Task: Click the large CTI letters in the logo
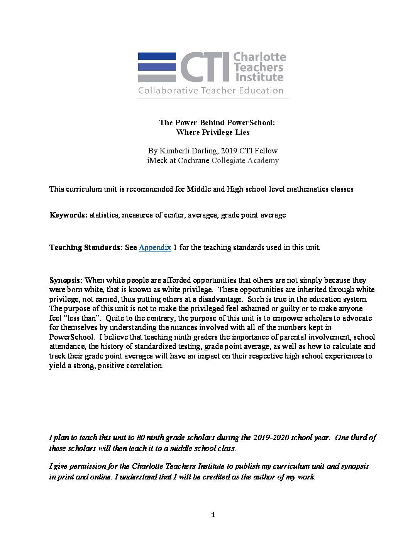pyautogui.click(x=205, y=67)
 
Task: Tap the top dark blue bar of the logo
pyautogui.click(x=157, y=56)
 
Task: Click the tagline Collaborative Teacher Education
pyautogui.click(x=211, y=91)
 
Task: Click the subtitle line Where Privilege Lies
pyautogui.click(x=213, y=132)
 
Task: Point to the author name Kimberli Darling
pyautogui.click(x=187, y=151)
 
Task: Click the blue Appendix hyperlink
pyautogui.click(x=155, y=247)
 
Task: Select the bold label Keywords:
pyautogui.click(x=68, y=215)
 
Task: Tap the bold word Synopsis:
pyautogui.click(x=66, y=280)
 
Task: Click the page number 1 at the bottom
pyautogui.click(x=213, y=515)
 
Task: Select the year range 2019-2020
pyautogui.click(x=271, y=437)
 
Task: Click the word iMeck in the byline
pyautogui.click(x=157, y=160)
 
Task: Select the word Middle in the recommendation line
pyautogui.click(x=198, y=189)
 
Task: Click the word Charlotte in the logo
pyautogui.click(x=260, y=57)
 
